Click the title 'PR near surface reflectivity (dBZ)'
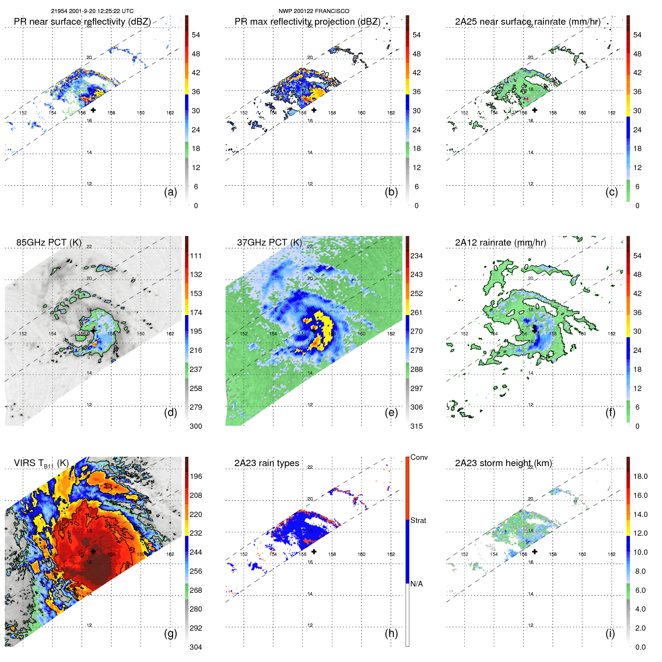click(x=82, y=22)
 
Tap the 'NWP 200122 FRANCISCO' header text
click(x=314, y=11)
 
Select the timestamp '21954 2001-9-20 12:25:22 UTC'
click(x=92, y=11)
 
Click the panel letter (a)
click(x=170, y=192)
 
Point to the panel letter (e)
click(x=391, y=412)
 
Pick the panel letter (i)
click(x=610, y=633)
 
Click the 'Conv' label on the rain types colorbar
click(x=419, y=457)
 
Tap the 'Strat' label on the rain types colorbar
click(x=418, y=520)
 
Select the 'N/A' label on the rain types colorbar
click(x=416, y=584)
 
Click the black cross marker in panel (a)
click(x=93, y=110)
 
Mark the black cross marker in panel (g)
click(x=93, y=551)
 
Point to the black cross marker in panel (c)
click(x=535, y=110)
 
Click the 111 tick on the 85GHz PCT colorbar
click(x=196, y=256)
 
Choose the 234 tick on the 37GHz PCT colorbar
click(x=416, y=256)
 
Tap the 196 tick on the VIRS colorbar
click(x=196, y=476)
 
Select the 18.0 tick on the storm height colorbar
click(x=640, y=476)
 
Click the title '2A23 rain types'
click(x=267, y=463)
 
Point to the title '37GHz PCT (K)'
click(x=269, y=243)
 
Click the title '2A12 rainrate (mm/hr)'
click(x=500, y=243)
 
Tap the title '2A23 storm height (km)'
click(x=503, y=463)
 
